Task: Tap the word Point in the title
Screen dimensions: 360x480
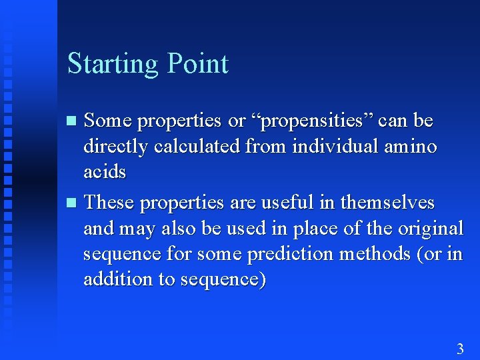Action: point(198,63)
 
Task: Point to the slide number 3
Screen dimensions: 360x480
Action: point(459,348)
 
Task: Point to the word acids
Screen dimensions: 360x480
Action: point(105,172)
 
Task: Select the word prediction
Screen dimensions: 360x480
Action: point(287,254)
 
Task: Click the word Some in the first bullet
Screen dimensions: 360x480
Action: point(107,121)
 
